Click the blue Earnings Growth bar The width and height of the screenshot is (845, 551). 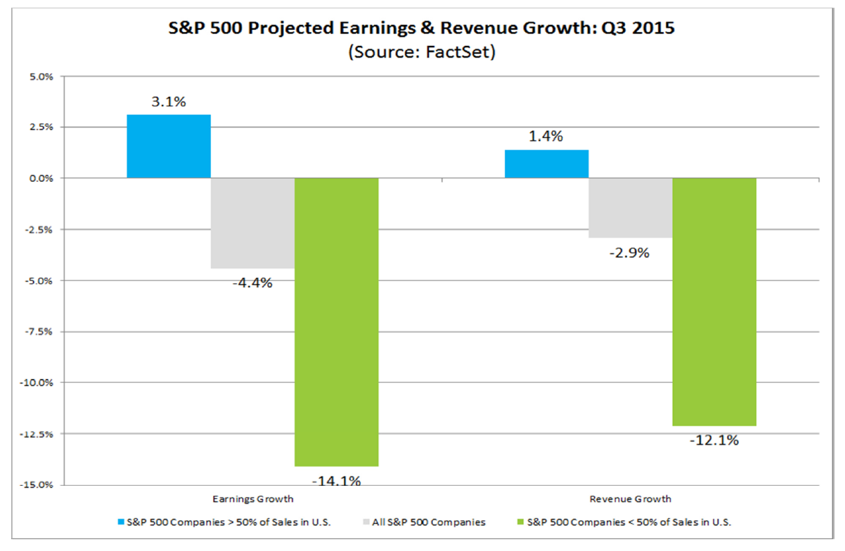(x=169, y=146)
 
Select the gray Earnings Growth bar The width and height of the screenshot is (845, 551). (x=253, y=223)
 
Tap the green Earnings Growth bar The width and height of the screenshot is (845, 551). (x=336, y=322)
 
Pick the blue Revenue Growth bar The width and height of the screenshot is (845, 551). (x=547, y=164)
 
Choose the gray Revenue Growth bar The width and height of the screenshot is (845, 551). (x=631, y=207)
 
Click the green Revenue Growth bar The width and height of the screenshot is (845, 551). (x=715, y=301)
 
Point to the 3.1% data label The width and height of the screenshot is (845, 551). (x=169, y=102)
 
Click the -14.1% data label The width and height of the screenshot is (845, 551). (x=336, y=480)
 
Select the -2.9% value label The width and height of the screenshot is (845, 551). (x=631, y=253)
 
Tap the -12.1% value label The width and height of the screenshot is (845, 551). (x=715, y=440)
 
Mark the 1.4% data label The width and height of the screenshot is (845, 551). (x=547, y=137)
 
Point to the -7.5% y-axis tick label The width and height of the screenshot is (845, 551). (x=40, y=332)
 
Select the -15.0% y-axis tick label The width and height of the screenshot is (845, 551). (x=39, y=485)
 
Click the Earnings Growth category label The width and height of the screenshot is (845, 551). (x=253, y=499)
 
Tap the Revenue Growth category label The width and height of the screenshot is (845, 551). (x=631, y=499)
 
